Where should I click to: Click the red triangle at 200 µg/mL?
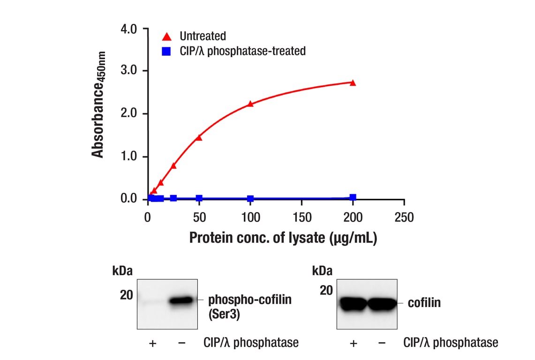(x=353, y=83)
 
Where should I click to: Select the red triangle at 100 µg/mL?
(x=250, y=104)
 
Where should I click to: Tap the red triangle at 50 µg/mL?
(x=199, y=138)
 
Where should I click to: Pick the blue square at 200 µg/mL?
(x=353, y=197)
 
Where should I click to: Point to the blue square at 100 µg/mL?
(x=250, y=199)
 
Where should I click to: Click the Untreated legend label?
(x=203, y=36)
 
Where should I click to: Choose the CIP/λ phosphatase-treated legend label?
(x=242, y=51)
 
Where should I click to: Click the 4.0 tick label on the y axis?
(x=129, y=29)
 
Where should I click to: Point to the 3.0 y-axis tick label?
(x=129, y=71)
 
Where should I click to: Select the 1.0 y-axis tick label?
(x=129, y=157)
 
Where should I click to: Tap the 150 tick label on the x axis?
(x=301, y=217)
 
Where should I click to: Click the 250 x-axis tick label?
(x=404, y=217)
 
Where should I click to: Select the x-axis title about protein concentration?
(x=283, y=238)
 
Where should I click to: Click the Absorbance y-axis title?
(x=99, y=104)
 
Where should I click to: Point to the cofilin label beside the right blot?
(x=424, y=303)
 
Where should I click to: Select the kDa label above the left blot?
(x=122, y=271)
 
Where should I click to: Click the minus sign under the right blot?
(x=382, y=343)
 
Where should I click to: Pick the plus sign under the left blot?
(x=152, y=344)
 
